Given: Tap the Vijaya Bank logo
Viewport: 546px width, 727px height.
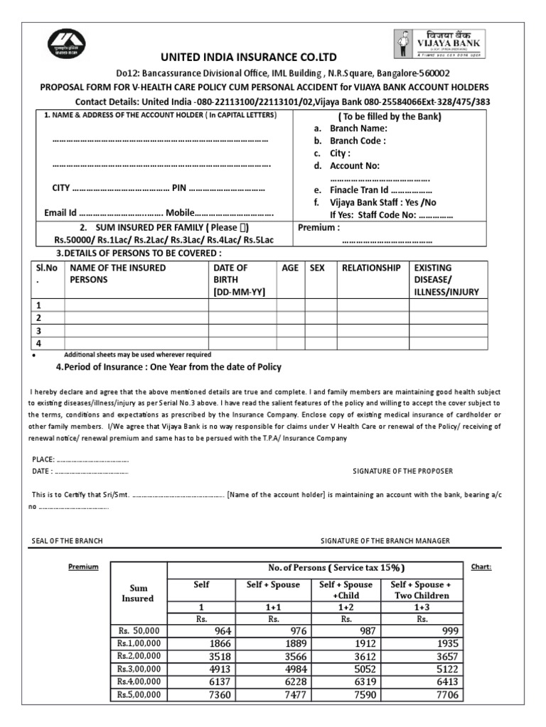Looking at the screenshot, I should [x=440, y=42].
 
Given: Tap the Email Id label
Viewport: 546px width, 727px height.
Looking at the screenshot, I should [x=60, y=212].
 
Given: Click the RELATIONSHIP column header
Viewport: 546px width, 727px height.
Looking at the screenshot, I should [x=371, y=268].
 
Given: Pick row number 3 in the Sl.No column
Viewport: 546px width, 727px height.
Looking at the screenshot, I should [x=40, y=331].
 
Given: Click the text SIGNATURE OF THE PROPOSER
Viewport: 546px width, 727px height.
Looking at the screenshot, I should [x=402, y=471].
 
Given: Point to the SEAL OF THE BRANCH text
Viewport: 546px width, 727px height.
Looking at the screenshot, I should [x=68, y=540].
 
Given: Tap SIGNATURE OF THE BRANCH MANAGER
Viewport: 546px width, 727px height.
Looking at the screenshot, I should [x=385, y=540].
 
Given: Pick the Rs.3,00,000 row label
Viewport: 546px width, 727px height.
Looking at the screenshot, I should [x=139, y=669].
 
